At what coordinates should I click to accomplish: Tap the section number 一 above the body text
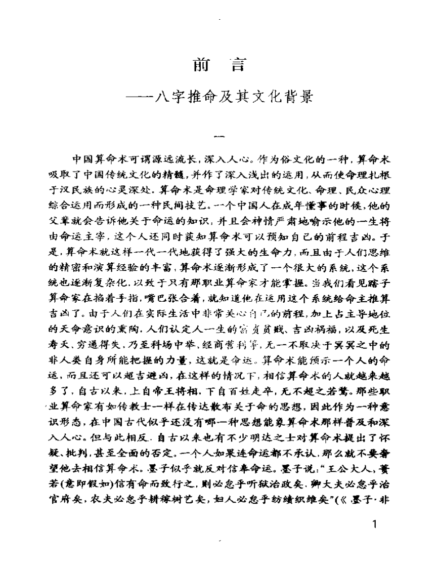219,136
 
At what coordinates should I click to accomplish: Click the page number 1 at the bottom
374,524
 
